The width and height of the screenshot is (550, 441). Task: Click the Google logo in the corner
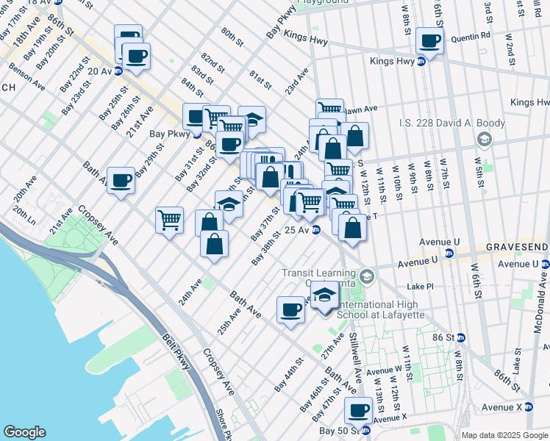(25, 432)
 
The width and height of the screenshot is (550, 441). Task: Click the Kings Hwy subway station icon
(421, 62)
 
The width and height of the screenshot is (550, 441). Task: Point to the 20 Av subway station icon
(121, 71)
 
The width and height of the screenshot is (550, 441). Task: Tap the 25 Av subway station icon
(315, 231)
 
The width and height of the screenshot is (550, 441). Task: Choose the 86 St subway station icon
(460, 337)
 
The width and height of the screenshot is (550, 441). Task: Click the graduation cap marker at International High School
(324, 294)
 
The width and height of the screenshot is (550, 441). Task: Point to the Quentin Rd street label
(474, 35)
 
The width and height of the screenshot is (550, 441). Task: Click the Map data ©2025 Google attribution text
(504, 435)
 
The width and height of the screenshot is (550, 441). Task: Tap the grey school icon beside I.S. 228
(484, 138)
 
